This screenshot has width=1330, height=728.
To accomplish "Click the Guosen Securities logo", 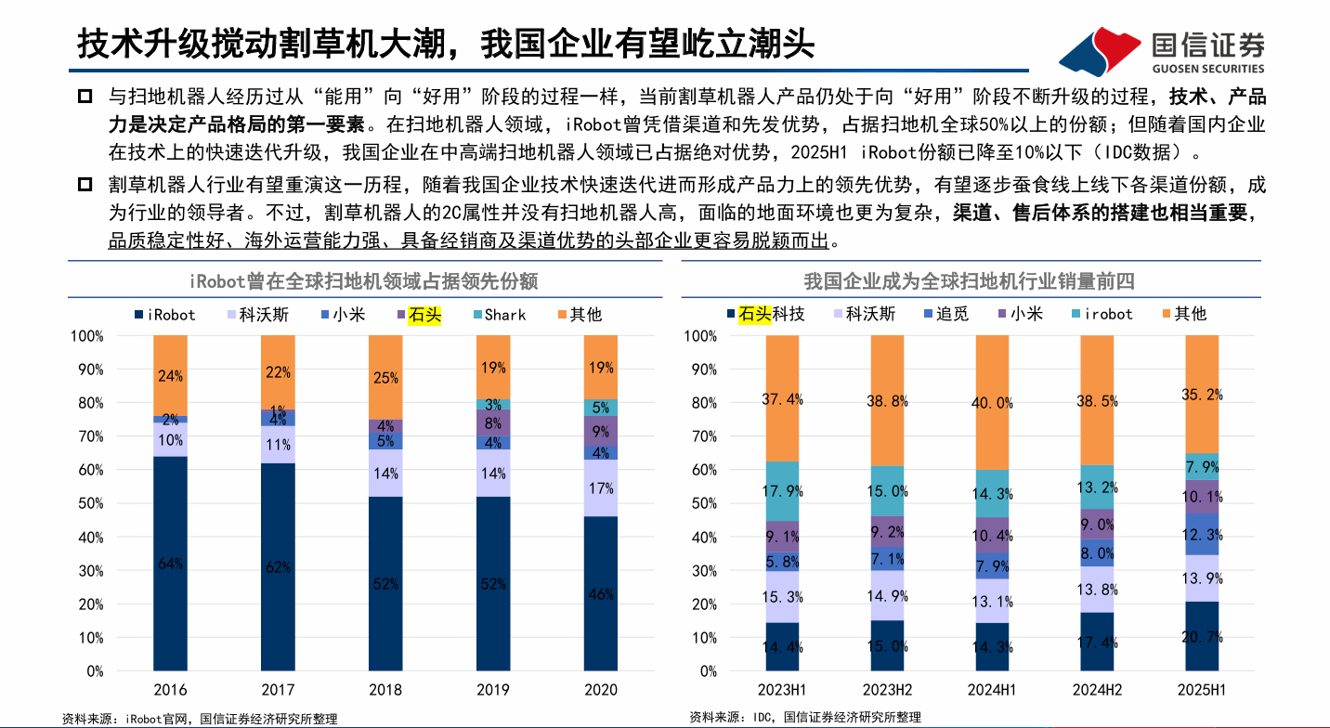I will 1161,52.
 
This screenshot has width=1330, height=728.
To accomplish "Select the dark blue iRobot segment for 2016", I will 171,563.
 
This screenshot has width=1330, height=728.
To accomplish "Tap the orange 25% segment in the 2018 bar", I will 385,377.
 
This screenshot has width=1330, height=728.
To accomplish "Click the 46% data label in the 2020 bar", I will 600,594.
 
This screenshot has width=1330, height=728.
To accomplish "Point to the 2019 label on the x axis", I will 492,690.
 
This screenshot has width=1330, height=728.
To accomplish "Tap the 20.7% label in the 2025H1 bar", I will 1202,637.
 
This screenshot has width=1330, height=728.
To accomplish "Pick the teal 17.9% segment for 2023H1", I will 783,491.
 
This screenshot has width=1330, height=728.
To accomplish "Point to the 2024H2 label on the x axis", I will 1097,690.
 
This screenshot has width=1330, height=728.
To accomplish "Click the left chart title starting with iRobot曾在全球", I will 364,280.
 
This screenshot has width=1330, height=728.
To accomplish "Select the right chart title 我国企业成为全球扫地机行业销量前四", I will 970,280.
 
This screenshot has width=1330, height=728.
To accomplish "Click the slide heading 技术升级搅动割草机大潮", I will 446,43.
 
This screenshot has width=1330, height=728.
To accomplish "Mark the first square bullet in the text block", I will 85,97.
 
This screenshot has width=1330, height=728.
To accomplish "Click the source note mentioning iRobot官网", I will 200,718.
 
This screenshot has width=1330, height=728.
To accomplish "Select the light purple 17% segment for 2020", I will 600,487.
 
